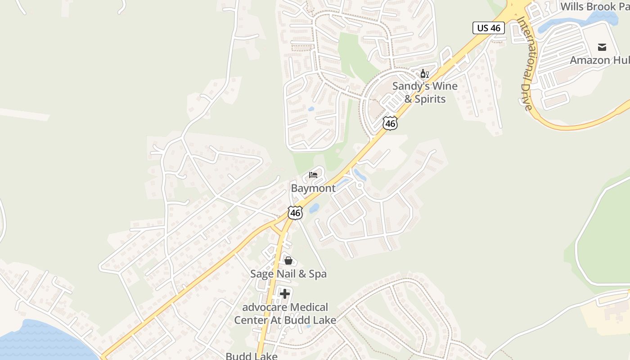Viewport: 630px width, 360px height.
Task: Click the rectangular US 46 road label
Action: (x=489, y=28)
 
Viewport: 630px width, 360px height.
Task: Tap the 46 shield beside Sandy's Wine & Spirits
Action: (x=390, y=123)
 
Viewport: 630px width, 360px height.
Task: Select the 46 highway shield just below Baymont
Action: (x=295, y=213)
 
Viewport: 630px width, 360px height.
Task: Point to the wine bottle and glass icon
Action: (x=424, y=73)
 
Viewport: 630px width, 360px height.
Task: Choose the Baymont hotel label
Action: (x=313, y=188)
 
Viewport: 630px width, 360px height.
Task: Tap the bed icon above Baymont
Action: (x=313, y=175)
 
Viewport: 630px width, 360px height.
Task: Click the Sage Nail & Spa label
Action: (x=288, y=274)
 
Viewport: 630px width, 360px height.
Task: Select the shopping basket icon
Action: (x=288, y=261)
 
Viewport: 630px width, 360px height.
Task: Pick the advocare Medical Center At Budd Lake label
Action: (x=285, y=314)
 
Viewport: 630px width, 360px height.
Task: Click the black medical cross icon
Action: (x=285, y=294)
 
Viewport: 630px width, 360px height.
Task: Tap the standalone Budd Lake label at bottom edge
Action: (x=251, y=356)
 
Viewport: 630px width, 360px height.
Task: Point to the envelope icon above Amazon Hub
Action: (x=602, y=47)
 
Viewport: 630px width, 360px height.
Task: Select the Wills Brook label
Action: (x=594, y=7)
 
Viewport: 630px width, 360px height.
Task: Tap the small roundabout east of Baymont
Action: (x=360, y=185)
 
